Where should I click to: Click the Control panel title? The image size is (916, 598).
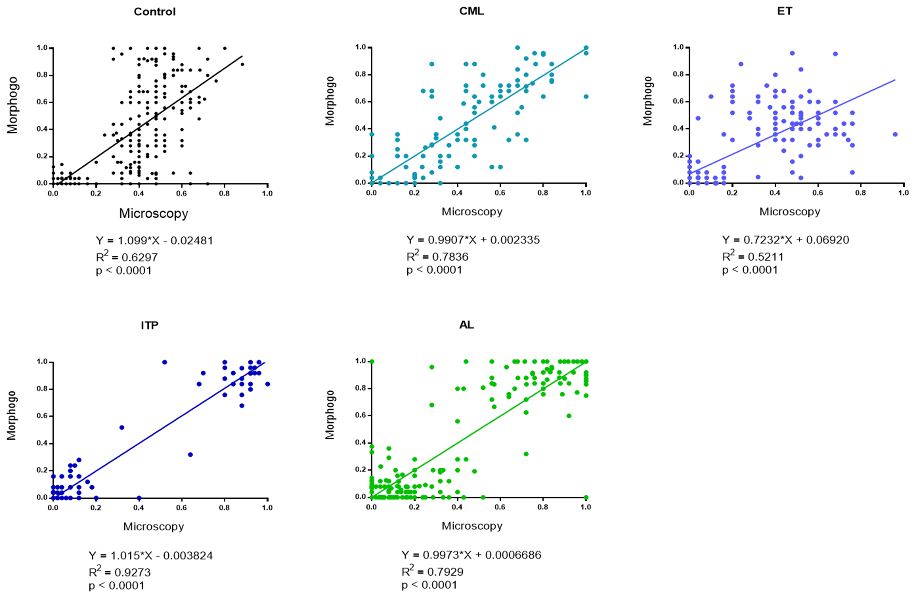point(154,12)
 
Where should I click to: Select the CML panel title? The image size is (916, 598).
point(471,11)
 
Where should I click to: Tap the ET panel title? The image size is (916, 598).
point(785,11)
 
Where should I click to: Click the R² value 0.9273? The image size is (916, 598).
point(120,573)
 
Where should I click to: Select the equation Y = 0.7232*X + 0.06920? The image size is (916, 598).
point(785,240)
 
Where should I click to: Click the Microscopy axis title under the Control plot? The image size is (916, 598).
point(154,213)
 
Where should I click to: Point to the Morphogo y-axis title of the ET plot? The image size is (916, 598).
point(648,101)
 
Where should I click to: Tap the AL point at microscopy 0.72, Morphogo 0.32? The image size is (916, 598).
point(526,454)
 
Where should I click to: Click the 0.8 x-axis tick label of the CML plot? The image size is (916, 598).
point(543,193)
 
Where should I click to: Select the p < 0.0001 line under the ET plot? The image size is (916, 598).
point(750,270)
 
